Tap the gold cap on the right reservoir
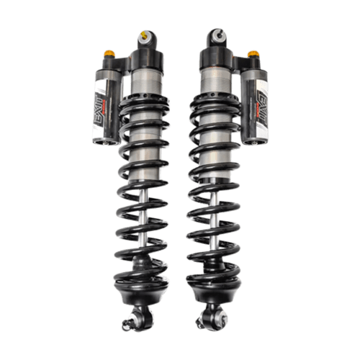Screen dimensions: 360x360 tap(252, 53)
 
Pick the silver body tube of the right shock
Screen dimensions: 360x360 tap(213, 94)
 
